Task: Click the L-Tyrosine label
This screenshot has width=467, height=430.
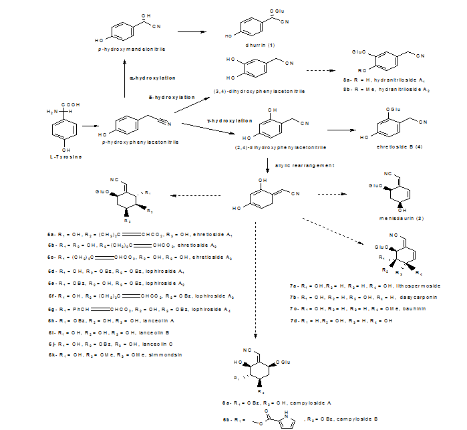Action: pos(65,156)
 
